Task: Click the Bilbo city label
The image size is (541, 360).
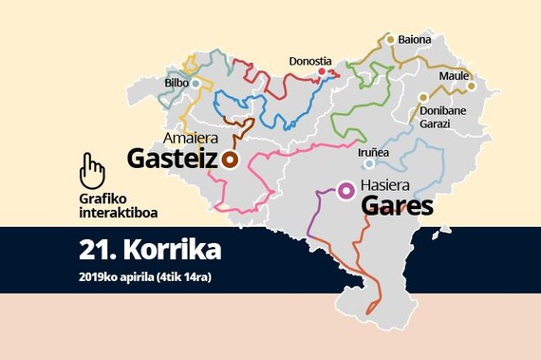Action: point(176,83)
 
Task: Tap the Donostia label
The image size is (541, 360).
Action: point(311,60)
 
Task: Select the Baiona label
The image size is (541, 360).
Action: point(415,40)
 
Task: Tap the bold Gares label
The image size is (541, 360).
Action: point(399,206)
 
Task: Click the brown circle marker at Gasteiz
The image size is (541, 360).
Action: point(230,159)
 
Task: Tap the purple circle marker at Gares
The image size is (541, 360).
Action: point(346,191)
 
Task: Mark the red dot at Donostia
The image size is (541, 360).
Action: point(322,72)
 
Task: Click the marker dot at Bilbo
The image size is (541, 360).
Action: point(196,83)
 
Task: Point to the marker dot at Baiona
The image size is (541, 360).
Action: point(389,39)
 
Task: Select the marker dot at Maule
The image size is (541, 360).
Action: point(471,85)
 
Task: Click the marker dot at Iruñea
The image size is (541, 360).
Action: point(369,163)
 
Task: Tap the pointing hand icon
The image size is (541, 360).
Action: point(92,170)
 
